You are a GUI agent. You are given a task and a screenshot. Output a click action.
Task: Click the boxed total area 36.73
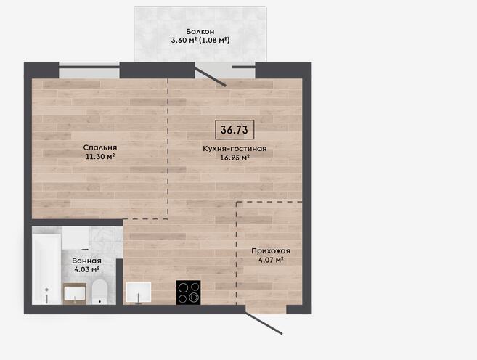tap(235, 130)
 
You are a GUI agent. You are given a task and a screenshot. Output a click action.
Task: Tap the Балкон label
tap(200, 31)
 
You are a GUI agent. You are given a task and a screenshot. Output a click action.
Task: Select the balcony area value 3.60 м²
tap(184, 40)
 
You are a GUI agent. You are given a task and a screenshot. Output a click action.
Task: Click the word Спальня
tap(100, 147)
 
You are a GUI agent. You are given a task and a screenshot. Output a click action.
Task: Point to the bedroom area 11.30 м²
tap(100, 157)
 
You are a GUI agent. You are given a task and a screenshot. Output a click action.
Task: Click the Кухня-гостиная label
tap(235, 148)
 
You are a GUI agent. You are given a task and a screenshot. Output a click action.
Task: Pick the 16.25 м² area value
tap(235, 157)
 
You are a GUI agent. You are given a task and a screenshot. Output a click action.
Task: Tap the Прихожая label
tap(271, 251)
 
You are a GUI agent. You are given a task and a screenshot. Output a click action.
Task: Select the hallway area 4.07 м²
tap(271, 260)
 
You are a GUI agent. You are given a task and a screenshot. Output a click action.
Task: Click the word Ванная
tap(86, 261)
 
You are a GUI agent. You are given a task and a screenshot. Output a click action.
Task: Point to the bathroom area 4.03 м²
tap(86, 269)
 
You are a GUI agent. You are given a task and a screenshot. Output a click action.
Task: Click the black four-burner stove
tap(188, 292)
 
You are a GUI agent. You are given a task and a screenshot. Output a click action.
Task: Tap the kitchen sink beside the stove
tap(139, 292)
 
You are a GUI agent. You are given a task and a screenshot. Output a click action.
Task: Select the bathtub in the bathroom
tap(47, 269)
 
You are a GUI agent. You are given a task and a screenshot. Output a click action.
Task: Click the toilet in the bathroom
tap(99, 292)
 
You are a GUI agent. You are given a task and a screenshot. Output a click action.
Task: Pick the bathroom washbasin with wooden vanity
tap(75, 294)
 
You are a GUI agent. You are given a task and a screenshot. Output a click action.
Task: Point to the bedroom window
tap(89, 70)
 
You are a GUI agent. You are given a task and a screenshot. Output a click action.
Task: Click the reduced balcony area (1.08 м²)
tap(214, 40)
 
